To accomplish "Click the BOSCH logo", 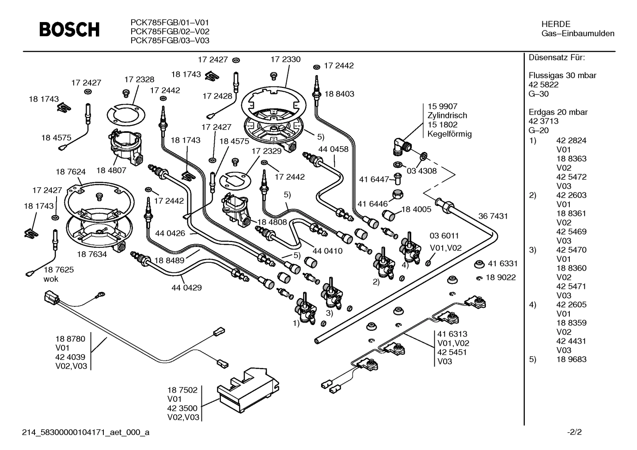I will pyautogui.click(x=69, y=29).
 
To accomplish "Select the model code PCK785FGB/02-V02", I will pyautogui.click(x=170, y=31).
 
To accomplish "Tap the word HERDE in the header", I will pyautogui.click(x=556, y=24).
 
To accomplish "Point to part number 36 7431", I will pyautogui.click(x=493, y=216).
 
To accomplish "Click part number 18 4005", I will pyautogui.click(x=416, y=209).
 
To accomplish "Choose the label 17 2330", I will pyautogui.click(x=285, y=60).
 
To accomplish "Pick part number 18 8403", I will pyautogui.click(x=339, y=94).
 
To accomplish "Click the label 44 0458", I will pyautogui.click(x=333, y=149).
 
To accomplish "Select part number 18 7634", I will pyautogui.click(x=92, y=254).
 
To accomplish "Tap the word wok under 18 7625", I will pyautogui.click(x=51, y=279).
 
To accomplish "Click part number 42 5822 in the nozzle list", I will pyautogui.click(x=543, y=85).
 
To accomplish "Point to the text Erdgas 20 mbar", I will pyautogui.click(x=558, y=112).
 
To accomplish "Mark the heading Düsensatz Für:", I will pyautogui.click(x=557, y=58).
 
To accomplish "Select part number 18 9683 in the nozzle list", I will pyautogui.click(x=571, y=359).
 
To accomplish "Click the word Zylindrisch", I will pyautogui.click(x=447, y=115).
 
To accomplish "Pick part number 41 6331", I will pyautogui.click(x=502, y=264).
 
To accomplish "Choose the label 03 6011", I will pyautogui.click(x=444, y=236).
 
